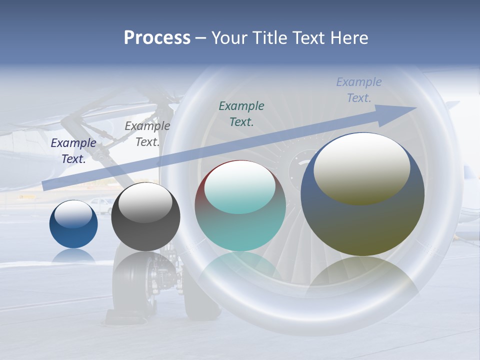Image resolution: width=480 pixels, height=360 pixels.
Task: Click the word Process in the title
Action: tap(157, 38)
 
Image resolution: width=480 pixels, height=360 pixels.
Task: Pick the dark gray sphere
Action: tap(145, 217)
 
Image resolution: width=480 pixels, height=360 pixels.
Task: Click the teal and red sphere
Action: tap(240, 206)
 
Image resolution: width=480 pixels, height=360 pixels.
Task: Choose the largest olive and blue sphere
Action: tap(362, 194)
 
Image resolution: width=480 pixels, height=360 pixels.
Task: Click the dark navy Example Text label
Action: tap(73, 151)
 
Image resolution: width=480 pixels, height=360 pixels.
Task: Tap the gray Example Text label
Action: tap(147, 134)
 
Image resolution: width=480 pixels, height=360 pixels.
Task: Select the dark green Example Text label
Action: tap(241, 113)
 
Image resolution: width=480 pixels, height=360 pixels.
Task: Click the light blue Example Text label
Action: tap(359, 90)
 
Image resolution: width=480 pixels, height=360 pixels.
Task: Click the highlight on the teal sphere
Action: tap(239, 186)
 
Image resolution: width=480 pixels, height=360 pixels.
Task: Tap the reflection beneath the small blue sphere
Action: tap(73, 256)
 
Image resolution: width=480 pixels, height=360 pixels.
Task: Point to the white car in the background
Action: tap(102, 205)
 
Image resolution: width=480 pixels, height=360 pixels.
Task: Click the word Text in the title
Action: tap(307, 38)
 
